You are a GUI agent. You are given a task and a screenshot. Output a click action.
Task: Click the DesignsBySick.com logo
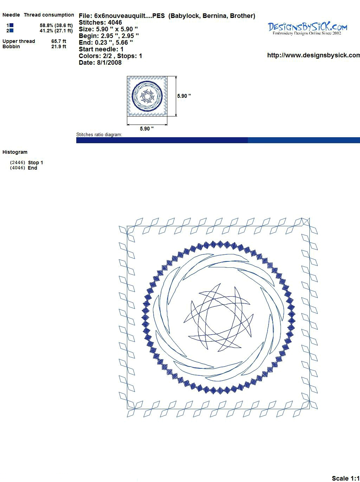coord(307,28)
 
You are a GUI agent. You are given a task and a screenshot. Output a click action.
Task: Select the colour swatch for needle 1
coord(11,25)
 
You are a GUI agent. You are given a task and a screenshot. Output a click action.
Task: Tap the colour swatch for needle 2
coord(11,31)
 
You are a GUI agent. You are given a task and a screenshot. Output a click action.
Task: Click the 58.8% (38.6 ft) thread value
coord(56,25)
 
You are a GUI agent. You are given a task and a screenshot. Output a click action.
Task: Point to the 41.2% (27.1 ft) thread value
coord(56,31)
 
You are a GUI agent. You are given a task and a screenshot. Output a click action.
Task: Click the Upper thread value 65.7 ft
coord(59,41)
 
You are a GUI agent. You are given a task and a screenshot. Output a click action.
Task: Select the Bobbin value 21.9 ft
coord(59,46)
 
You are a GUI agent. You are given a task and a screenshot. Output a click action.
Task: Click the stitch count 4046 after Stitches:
coord(115,23)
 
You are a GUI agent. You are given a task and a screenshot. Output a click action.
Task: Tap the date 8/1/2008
coord(109,63)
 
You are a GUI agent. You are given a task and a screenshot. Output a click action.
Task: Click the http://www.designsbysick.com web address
coord(314,55)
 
